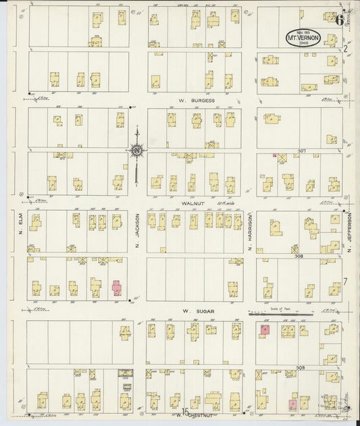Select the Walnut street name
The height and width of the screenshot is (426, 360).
tap(195, 201)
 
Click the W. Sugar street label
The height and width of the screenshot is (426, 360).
tap(195, 312)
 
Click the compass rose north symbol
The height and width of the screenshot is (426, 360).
tap(137, 150)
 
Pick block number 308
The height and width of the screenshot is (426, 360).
tap(296, 248)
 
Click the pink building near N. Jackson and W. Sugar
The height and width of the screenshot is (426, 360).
tap(117, 288)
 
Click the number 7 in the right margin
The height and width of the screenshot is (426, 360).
tap(344, 281)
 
